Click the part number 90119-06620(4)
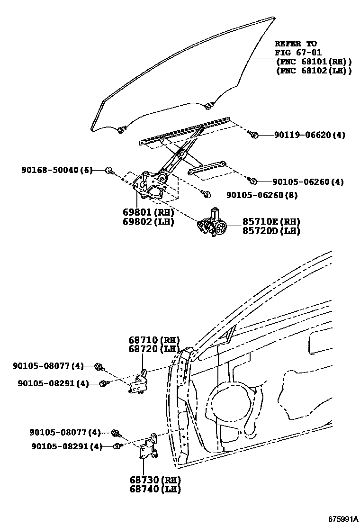309,135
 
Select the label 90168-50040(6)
56,170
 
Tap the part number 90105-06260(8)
261,194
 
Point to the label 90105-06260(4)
308,182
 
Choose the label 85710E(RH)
271,221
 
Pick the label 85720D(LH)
271,231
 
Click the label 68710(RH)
154,340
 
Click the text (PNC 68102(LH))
313,71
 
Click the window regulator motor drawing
213,223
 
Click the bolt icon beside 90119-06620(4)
253,135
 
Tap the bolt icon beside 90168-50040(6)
109,170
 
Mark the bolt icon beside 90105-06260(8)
206,193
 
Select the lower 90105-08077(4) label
65,432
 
